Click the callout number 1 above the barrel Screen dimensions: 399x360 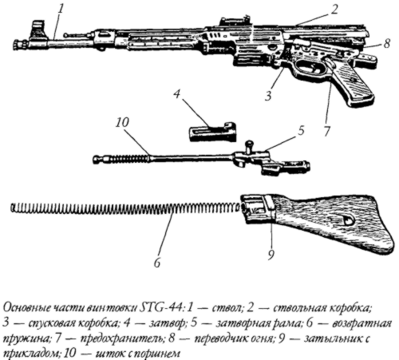tap(61, 10)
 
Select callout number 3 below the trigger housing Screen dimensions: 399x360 tap(268, 96)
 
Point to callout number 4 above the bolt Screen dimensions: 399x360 tap(177, 94)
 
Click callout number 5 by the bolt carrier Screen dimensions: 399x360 tap(300, 131)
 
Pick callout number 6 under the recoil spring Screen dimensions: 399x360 tap(157, 263)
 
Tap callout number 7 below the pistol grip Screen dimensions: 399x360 tap(326, 131)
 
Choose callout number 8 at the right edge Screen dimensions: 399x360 tap(387, 44)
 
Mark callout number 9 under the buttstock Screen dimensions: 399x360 tap(271, 255)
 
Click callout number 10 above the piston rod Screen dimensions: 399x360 tap(122, 123)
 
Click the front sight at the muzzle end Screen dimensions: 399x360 tap(38, 30)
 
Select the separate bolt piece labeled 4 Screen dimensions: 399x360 tap(212, 132)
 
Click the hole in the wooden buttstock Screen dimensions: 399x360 tap(347, 220)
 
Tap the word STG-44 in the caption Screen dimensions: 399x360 tap(161, 309)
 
